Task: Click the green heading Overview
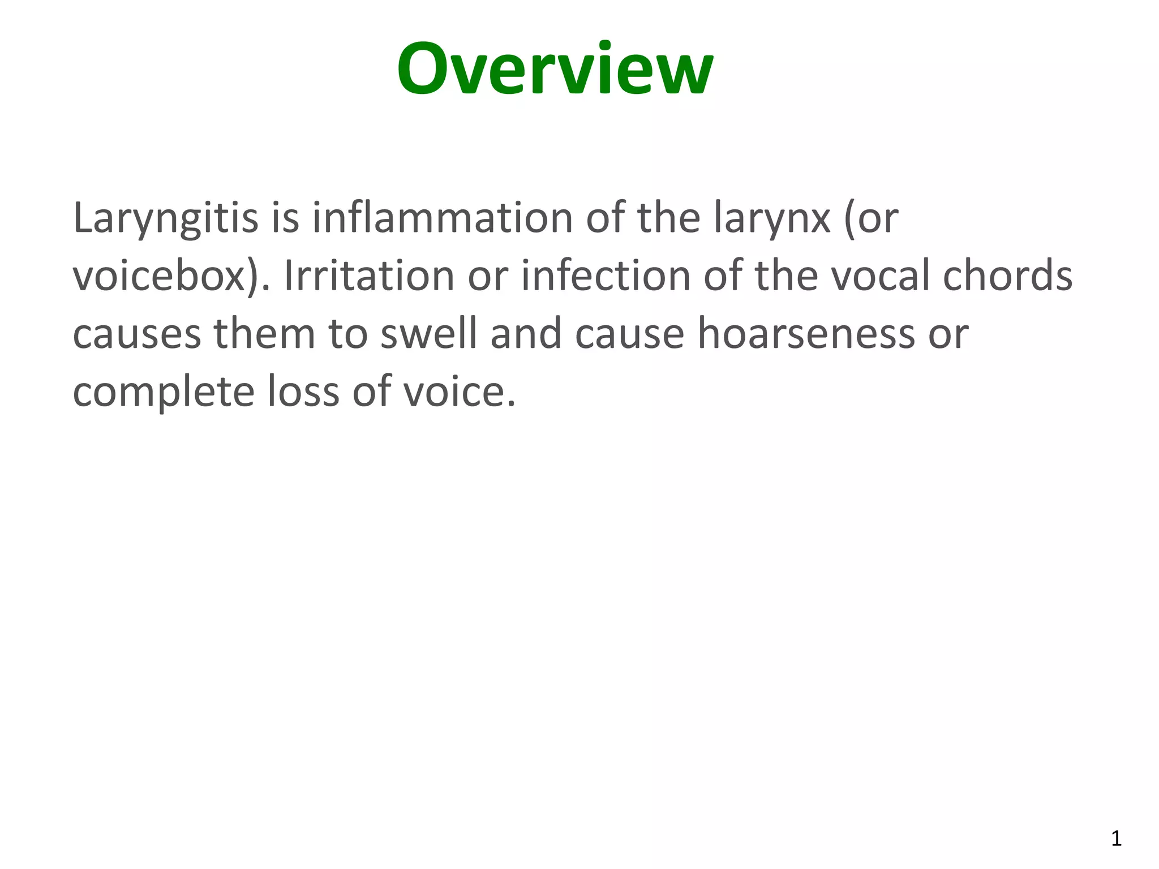tap(555, 70)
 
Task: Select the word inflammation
tap(443, 218)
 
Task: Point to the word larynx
tap(772, 219)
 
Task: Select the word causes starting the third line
tap(136, 334)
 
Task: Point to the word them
tap(264, 333)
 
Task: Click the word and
tap(526, 333)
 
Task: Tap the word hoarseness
tap(805, 333)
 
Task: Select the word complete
tap(164, 393)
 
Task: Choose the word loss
tap(303, 392)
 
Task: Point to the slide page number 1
tap(1116, 838)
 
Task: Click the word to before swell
tap(348, 334)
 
